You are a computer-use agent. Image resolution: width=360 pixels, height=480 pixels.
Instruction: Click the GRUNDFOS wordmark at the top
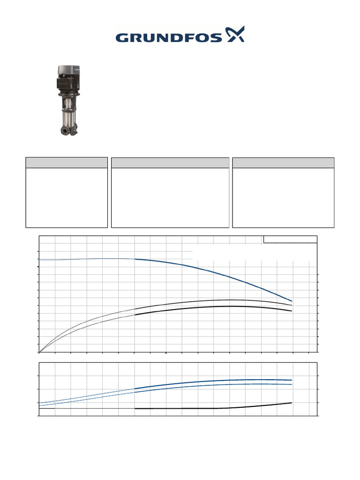click(x=169, y=37)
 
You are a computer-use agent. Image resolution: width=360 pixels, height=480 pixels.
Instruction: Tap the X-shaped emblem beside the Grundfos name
click(x=235, y=34)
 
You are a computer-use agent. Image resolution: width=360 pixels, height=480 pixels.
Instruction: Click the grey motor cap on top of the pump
click(x=69, y=69)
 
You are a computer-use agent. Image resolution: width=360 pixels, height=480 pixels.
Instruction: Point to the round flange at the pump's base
click(x=65, y=131)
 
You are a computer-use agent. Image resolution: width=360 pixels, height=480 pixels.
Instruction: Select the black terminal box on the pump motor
click(x=65, y=82)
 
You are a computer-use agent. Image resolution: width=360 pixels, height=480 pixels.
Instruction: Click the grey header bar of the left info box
click(x=67, y=163)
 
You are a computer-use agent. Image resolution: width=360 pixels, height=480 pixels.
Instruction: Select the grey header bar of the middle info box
click(x=170, y=163)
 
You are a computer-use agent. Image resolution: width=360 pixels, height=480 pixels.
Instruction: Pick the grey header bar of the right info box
click(x=283, y=163)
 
